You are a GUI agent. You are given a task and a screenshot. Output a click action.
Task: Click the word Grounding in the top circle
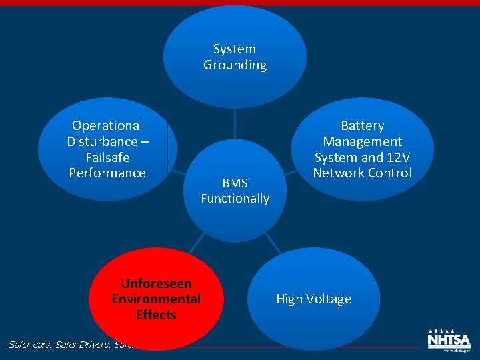coord(235,65)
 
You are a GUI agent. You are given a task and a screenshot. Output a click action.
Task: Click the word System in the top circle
coord(235,49)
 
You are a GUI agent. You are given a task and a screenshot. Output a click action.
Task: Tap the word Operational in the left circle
coord(107,125)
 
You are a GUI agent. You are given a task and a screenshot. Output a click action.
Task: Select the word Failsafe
coord(107,157)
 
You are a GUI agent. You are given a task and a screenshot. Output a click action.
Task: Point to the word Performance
coord(107,173)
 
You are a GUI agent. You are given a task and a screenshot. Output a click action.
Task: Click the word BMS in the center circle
coord(235,183)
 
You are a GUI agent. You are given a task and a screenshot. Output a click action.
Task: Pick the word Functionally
coord(235,199)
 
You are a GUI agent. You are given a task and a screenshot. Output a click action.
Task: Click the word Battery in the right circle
coord(363,125)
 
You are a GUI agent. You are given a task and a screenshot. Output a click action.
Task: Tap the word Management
coord(363,141)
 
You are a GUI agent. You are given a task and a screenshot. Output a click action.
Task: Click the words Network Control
coord(363,173)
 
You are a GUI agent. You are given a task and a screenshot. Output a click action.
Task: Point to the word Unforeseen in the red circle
coord(156,283)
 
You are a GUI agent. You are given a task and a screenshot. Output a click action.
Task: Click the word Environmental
coord(156,299)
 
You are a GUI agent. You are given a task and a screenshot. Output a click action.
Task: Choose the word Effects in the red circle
coord(156,315)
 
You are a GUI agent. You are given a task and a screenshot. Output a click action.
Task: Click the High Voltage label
coord(314,299)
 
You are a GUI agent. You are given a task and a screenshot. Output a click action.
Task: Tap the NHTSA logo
coord(449,340)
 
